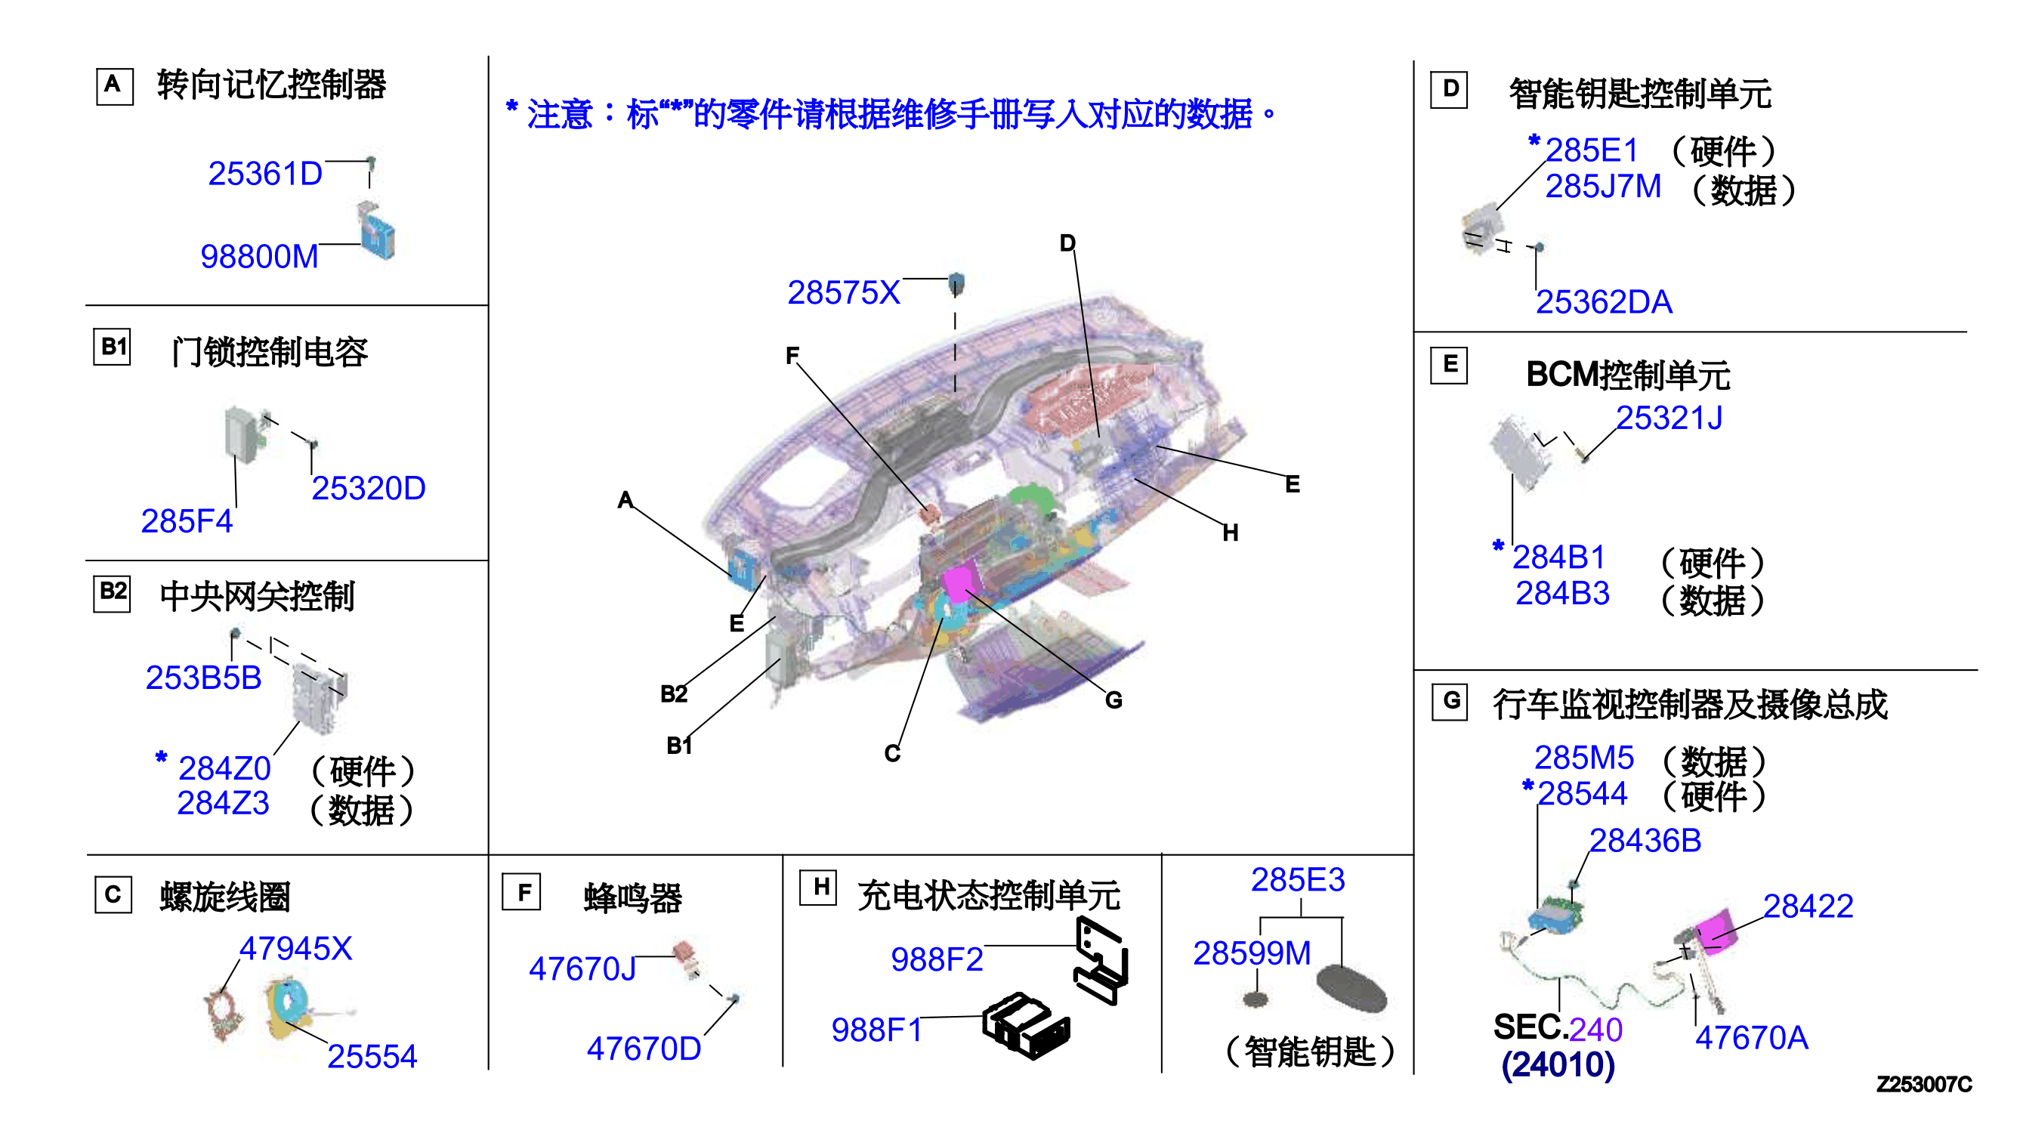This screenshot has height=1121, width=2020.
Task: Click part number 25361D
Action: pos(265,173)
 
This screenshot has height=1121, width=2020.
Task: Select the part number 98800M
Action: pos(260,256)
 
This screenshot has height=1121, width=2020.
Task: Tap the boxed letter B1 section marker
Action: pos(113,347)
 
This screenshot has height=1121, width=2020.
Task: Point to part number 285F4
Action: pos(187,521)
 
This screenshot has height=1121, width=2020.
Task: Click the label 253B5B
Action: pos(203,678)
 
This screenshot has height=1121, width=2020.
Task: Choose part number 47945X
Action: pos(295,949)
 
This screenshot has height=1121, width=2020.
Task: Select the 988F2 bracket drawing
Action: pos(1101,960)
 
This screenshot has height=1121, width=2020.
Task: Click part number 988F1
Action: pos(877,1030)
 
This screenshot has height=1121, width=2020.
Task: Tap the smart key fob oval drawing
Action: pos(1351,989)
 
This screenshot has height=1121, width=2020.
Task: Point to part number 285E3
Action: pos(1298,879)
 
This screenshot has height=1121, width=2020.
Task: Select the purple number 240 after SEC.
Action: pos(1595,1030)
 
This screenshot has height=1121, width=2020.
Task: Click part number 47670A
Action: pos(1752,1038)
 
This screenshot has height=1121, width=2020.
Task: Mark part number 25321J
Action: pos(1669,418)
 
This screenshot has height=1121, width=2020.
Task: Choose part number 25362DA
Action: pos(1604,302)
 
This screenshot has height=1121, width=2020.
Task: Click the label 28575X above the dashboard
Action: pos(844,292)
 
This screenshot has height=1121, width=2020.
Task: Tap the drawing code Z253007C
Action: pos(1923,1084)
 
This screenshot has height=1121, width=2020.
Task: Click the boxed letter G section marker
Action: pos(1450,701)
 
